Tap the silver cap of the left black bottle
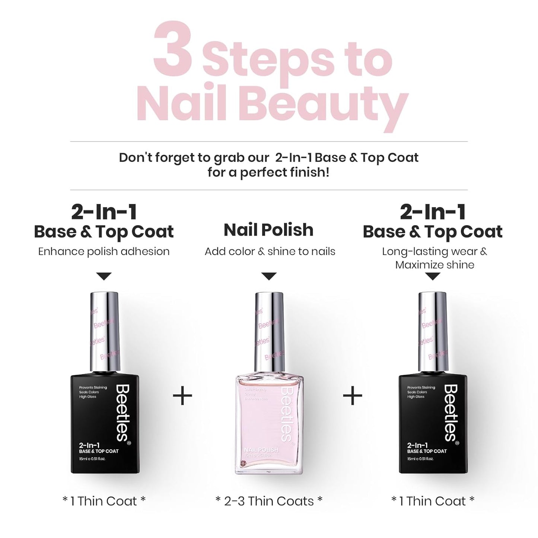(104, 331)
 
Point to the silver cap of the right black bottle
(432, 331)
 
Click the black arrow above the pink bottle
(269, 276)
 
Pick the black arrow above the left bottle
(104, 276)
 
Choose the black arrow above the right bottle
(432, 276)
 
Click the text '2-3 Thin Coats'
(269, 501)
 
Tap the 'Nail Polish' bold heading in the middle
(268, 230)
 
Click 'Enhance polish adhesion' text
(104, 251)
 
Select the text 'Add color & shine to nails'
(270, 251)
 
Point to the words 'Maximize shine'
(434, 265)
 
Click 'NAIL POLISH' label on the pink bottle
(261, 450)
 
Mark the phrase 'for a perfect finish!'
(268, 173)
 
